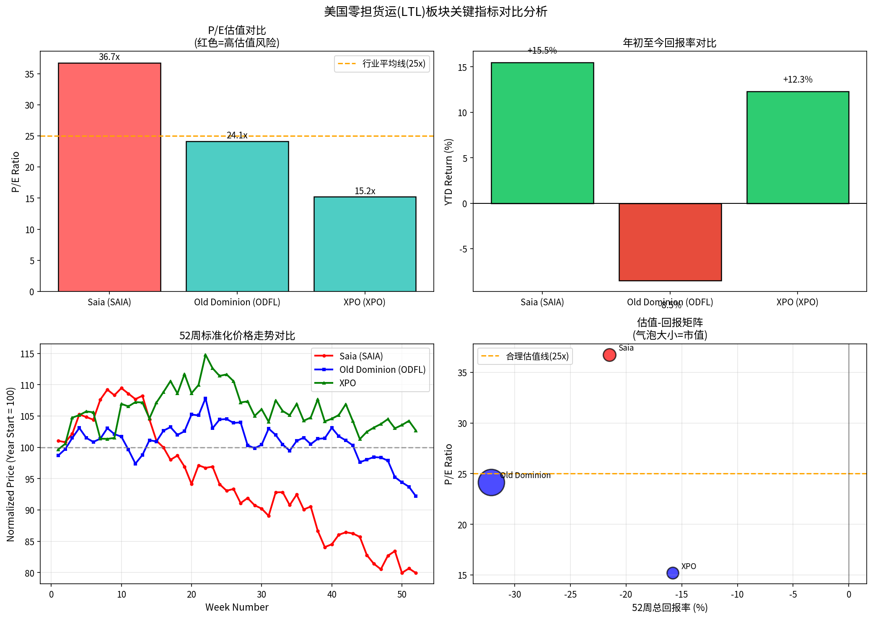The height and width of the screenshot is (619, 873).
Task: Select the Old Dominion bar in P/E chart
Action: pos(237,216)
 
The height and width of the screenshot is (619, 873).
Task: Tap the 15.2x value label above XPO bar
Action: pos(365,191)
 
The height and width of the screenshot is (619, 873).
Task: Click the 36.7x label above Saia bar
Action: pos(109,57)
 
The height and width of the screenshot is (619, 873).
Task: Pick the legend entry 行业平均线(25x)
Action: pos(382,64)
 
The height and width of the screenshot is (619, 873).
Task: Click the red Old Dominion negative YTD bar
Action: pos(670,242)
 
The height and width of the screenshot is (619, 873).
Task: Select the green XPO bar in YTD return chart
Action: pos(798,147)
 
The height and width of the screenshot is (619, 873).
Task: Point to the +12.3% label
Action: pos(798,80)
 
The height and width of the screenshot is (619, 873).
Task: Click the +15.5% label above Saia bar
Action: pos(542,51)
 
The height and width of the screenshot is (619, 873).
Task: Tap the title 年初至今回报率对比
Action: pos(669,43)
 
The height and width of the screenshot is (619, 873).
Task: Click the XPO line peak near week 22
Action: pos(205,355)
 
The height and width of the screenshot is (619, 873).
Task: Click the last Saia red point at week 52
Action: pos(416,573)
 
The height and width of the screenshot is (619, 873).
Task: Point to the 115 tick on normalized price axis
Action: pos(28,354)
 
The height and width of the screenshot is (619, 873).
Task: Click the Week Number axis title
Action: pos(237,607)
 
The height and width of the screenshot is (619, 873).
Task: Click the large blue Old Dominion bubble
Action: pos(491,482)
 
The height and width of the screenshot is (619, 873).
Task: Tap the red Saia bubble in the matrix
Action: pos(609,355)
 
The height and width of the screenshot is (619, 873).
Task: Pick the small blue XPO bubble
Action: pos(673,573)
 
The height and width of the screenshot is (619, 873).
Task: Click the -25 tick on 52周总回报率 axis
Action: pos(570,594)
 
